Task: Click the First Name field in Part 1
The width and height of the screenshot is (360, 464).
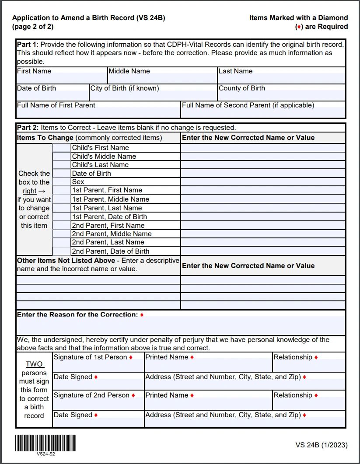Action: coord(61,78)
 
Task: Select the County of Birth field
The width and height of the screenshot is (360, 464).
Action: coord(281,95)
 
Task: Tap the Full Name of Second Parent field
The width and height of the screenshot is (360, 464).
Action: coord(263,112)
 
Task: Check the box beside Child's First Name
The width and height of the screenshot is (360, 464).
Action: coord(61,148)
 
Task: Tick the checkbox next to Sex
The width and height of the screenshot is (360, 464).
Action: coord(61,181)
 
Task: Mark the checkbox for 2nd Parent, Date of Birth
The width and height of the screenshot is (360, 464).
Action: coord(61,251)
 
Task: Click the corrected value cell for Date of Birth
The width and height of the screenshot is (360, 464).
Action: coord(263,173)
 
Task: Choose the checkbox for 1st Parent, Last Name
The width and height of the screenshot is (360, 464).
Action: coord(61,208)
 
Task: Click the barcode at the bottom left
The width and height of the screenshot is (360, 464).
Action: coord(45,443)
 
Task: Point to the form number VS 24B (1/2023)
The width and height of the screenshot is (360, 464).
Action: coord(322,445)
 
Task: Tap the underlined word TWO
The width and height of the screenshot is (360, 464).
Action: coord(34,364)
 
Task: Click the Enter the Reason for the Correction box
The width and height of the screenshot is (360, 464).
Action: coord(181,326)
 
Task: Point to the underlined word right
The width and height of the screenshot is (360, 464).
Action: coord(29,191)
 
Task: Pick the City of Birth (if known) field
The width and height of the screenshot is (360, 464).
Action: coord(153,95)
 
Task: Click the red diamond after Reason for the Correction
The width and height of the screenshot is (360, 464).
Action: coord(142,315)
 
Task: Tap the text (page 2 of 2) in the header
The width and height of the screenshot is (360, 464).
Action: coord(33,26)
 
